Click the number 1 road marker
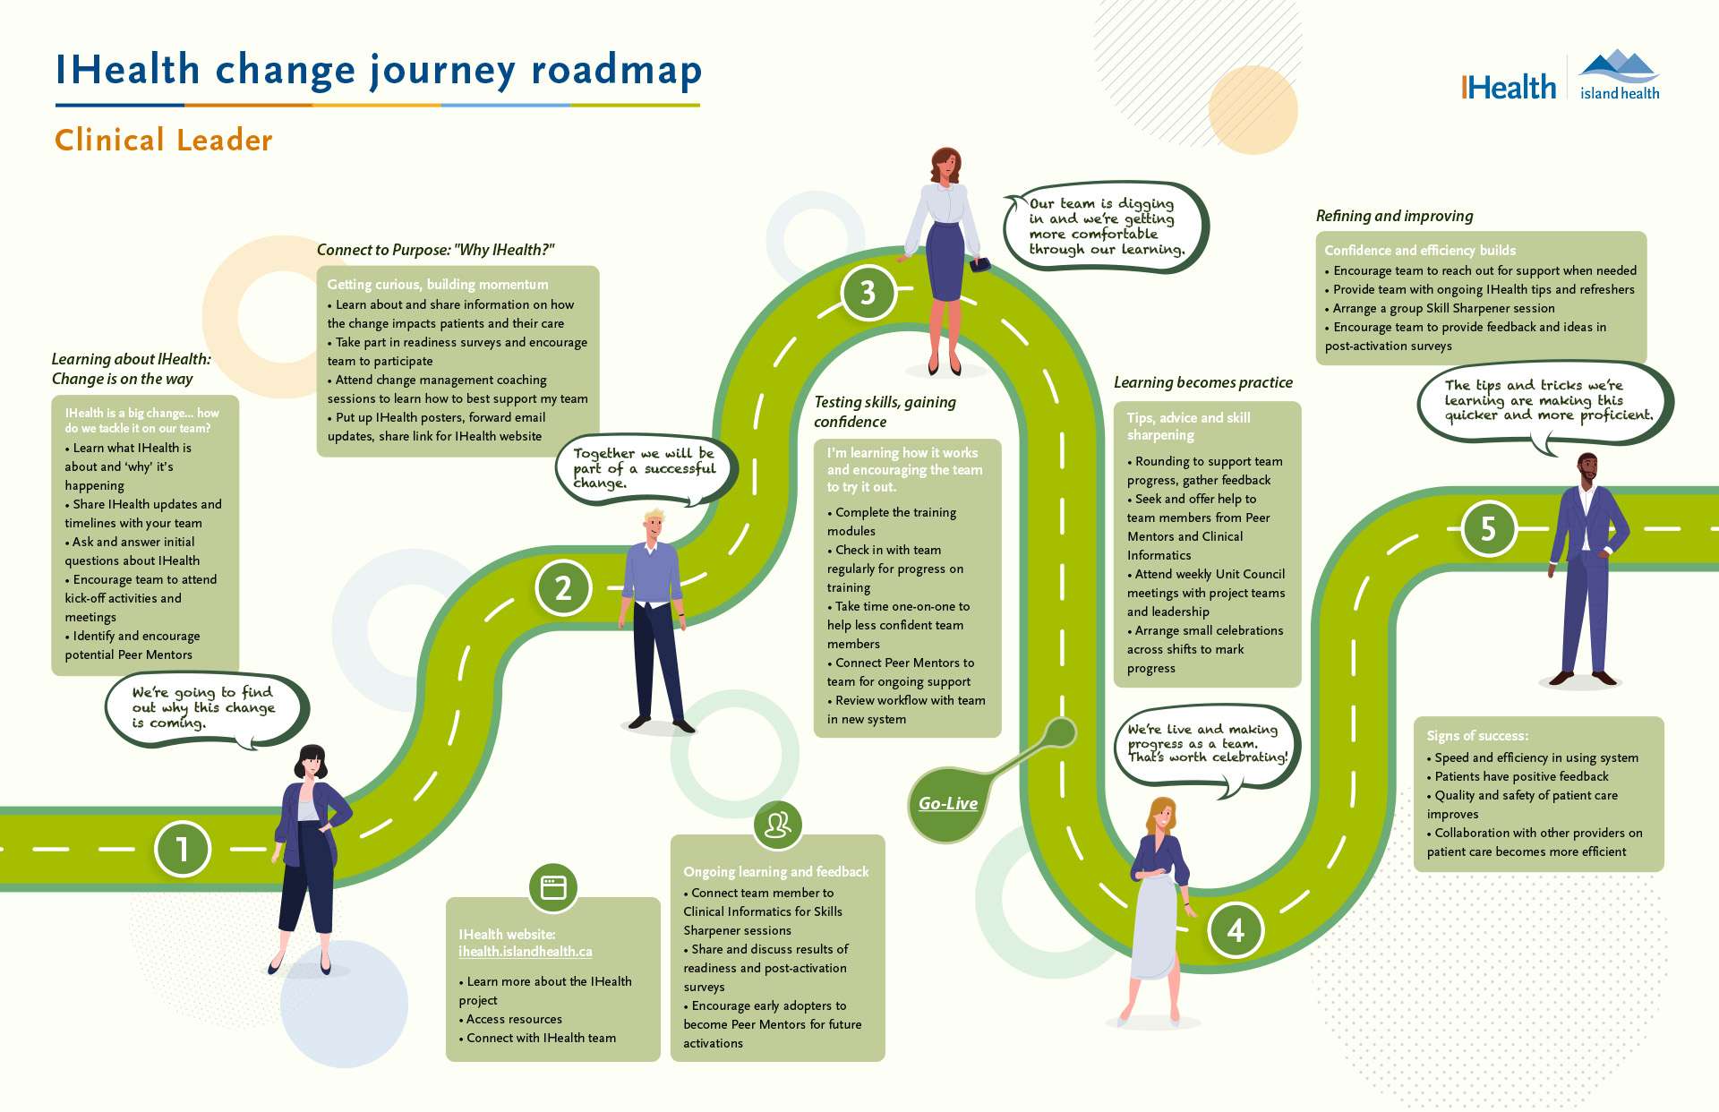[182, 849]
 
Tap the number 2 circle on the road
[563, 588]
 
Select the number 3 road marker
[868, 293]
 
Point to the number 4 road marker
[1236, 930]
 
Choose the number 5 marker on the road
[1488, 528]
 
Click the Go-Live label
[948, 804]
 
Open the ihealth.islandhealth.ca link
[526, 952]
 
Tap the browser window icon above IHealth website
[553, 887]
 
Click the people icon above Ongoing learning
[777, 825]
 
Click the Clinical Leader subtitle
[164, 141]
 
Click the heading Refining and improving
[1394, 216]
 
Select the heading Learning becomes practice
[1202, 382]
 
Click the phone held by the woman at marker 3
[979, 265]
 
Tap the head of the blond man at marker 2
[654, 526]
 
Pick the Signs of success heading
[1477, 736]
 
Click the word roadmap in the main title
[616, 72]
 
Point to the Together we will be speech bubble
[645, 468]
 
